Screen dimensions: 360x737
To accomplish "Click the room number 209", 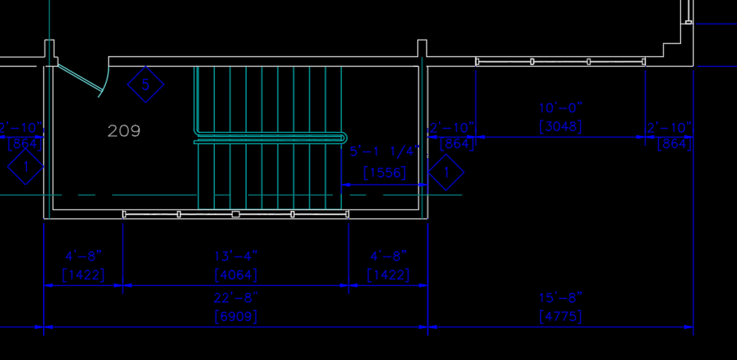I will (124, 130).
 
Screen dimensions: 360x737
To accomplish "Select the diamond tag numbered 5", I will (146, 84).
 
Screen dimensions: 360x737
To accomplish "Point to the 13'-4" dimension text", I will (236, 257).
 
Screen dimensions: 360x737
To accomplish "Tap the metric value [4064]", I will (236, 275).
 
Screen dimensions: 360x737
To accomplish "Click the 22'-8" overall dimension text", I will (236, 298).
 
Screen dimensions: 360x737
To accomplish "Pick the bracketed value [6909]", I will (236, 316).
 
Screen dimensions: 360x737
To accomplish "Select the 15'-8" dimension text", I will (560, 298).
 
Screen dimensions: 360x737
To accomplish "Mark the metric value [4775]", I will (560, 316).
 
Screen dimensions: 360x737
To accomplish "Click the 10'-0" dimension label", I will (560, 108).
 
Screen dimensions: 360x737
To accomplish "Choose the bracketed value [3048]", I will (560, 127).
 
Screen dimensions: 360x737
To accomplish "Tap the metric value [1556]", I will (384, 173).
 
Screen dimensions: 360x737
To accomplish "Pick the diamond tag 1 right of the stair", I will (445, 172).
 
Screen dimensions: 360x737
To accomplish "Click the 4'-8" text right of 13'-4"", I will (388, 257).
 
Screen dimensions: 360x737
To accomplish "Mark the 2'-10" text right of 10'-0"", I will (669, 128).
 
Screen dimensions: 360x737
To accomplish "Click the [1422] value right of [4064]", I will (388, 275).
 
